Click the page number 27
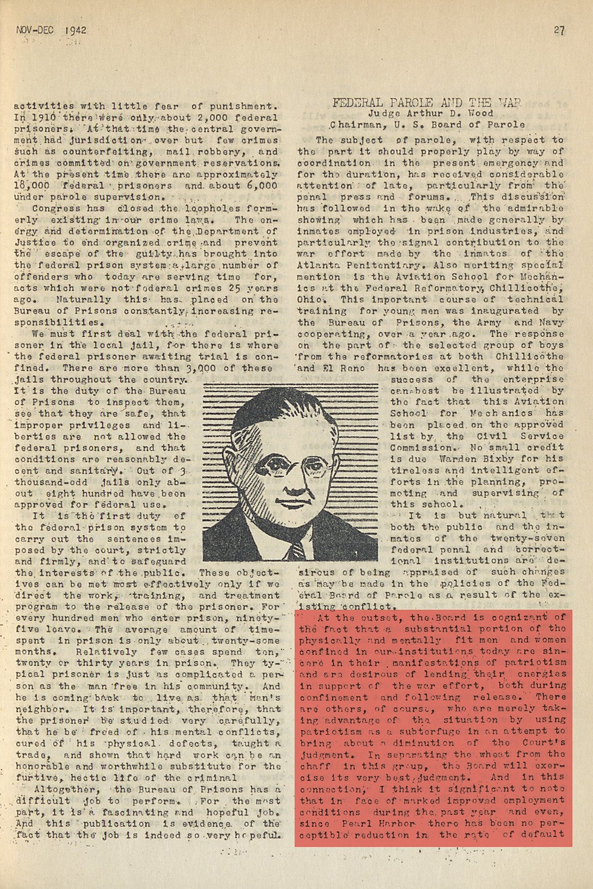(559, 30)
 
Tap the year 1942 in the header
(75, 30)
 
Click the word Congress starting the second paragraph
(56, 208)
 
